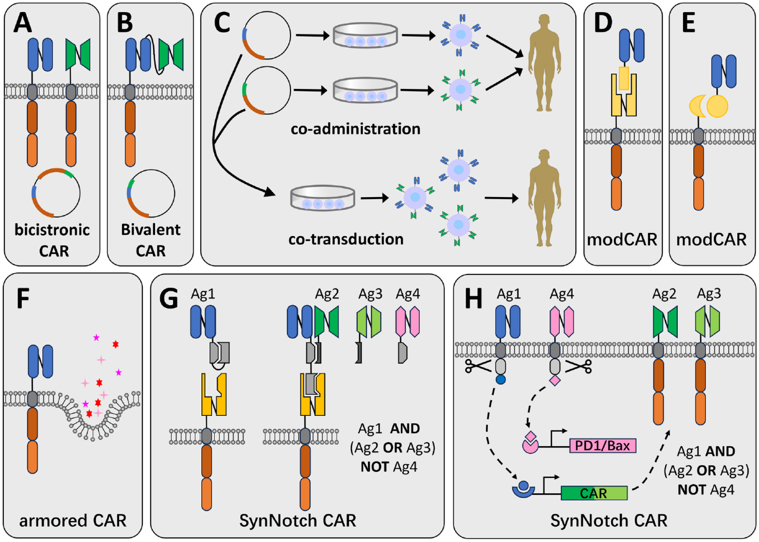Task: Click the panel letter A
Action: [23, 23]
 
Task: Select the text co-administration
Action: [356, 129]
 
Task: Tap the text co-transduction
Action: [346, 239]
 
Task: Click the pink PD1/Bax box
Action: [603, 446]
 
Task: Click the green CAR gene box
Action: [594, 493]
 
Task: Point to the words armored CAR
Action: [73, 521]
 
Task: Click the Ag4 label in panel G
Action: [407, 294]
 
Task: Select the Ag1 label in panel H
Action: [509, 294]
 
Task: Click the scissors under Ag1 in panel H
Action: [478, 366]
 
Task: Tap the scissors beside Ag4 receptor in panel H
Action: [579, 366]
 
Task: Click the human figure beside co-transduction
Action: [544, 198]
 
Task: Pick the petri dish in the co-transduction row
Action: [323, 198]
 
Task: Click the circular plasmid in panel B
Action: [151, 193]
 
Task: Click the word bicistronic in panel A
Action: [52, 230]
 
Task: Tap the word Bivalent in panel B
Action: [151, 230]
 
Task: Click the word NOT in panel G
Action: [374, 467]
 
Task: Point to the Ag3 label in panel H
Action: [709, 294]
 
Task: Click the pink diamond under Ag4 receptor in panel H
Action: [555, 380]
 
